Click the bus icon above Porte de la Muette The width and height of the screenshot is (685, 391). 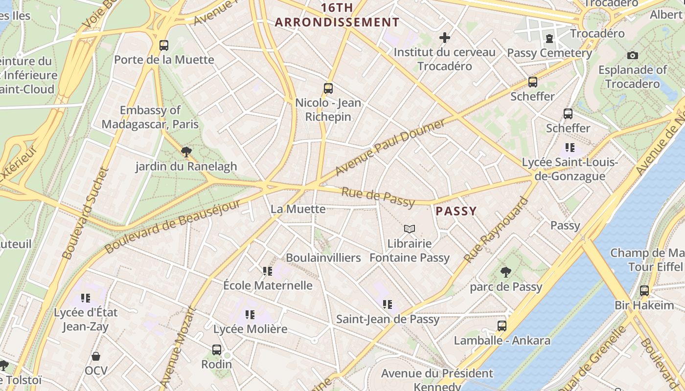coord(164,45)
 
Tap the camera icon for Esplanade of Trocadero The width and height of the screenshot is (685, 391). coord(632,55)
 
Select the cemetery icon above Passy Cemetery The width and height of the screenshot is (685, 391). coord(549,38)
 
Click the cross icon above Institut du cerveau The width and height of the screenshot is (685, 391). coord(444,38)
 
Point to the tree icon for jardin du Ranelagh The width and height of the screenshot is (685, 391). coord(186,152)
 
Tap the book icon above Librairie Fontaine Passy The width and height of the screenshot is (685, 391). coord(410,229)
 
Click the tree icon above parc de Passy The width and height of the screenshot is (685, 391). coord(506,272)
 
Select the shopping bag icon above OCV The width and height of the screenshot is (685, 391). coord(96,356)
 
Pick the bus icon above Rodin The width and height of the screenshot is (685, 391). coord(217,349)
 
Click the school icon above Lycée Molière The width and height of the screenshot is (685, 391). coord(250,314)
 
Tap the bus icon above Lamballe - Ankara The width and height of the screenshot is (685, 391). coord(502,326)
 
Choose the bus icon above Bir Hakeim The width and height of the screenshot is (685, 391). coord(644,291)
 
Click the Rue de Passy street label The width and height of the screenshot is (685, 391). coord(378,197)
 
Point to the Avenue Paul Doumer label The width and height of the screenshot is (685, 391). coord(390,147)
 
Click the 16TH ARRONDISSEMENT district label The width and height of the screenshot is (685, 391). coord(337,15)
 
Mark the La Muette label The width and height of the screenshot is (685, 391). coord(298,209)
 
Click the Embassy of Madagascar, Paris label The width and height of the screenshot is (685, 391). coord(150,117)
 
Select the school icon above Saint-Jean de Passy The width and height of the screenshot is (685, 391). coord(388,304)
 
